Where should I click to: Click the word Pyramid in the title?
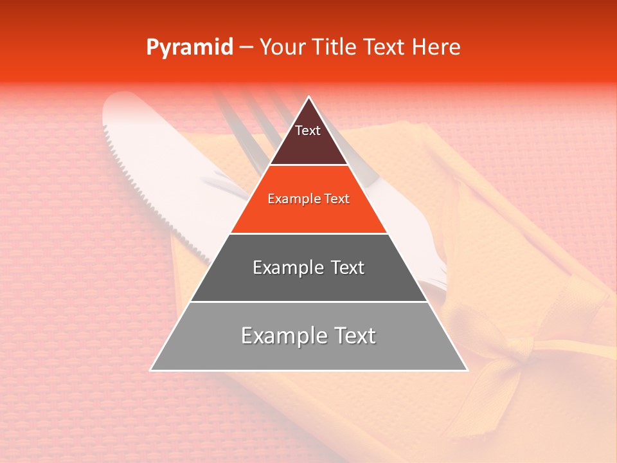click(190, 48)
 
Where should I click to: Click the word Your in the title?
click(283, 48)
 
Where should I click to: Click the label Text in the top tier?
click(308, 131)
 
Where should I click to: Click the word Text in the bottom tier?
click(351, 336)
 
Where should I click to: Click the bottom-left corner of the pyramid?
click(151, 370)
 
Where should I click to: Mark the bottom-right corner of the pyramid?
click(467, 370)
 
